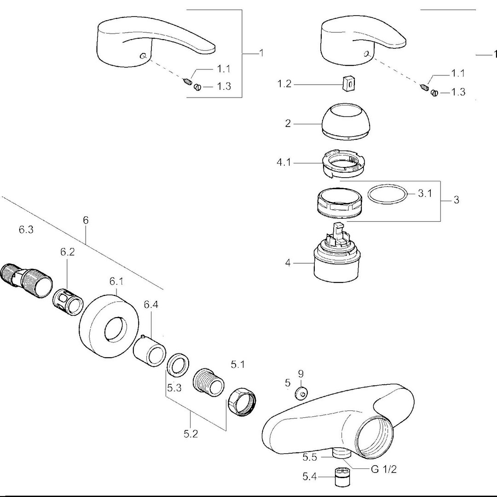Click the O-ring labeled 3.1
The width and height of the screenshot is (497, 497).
click(x=387, y=194)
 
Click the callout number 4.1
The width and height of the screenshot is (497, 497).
click(x=283, y=162)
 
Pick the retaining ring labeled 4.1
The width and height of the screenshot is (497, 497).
click(x=343, y=164)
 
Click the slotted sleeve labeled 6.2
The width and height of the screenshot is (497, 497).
click(x=68, y=302)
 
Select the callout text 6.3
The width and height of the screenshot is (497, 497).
click(x=26, y=230)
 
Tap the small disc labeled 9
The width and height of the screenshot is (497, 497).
click(x=301, y=393)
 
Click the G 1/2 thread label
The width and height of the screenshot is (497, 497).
click(x=383, y=469)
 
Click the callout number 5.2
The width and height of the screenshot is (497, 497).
click(x=191, y=433)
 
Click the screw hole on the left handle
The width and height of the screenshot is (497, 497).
click(x=144, y=56)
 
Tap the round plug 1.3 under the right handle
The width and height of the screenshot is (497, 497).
click(x=434, y=93)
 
